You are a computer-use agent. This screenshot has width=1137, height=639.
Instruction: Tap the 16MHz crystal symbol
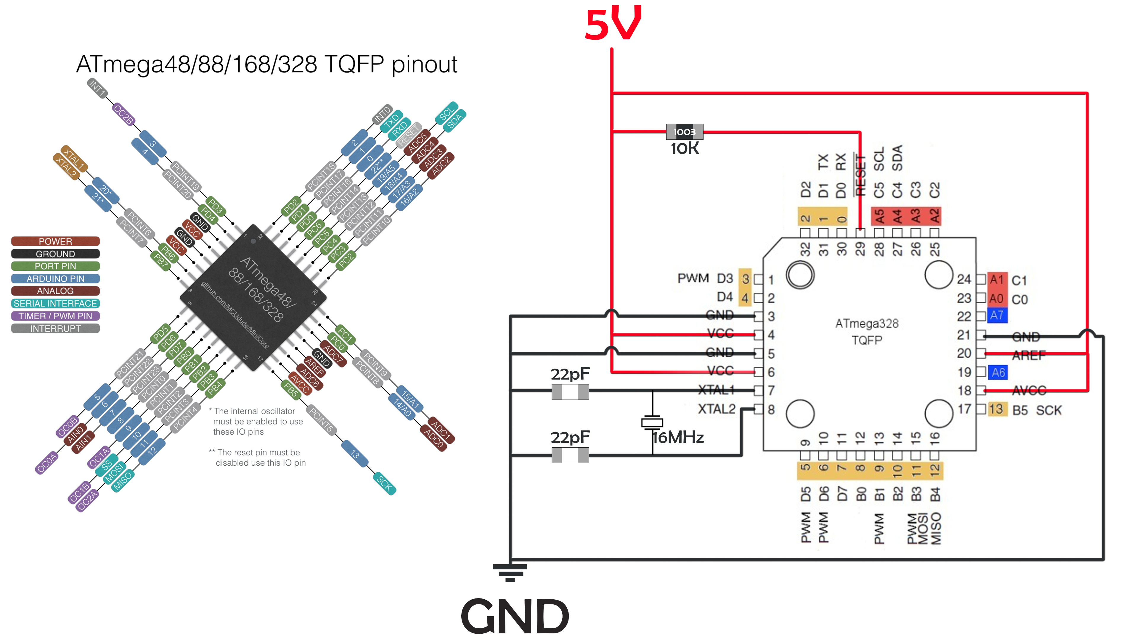pyautogui.click(x=652, y=422)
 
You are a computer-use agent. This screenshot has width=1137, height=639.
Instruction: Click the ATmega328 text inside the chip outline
pyautogui.click(x=866, y=324)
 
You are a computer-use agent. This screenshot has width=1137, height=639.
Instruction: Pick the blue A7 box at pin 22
pyautogui.click(x=997, y=316)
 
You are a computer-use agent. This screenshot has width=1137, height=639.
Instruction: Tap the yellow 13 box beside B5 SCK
pyautogui.click(x=996, y=409)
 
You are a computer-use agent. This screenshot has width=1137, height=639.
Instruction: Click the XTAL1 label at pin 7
pyautogui.click(x=716, y=390)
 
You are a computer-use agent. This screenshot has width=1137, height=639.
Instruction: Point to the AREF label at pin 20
pyautogui.click(x=1028, y=355)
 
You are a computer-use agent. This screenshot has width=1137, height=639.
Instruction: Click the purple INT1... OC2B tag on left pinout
pyautogui.click(x=123, y=114)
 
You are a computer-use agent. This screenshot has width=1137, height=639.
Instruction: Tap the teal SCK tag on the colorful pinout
pyautogui.click(x=384, y=484)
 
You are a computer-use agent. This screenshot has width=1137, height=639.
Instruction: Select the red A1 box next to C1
pyautogui.click(x=997, y=280)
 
